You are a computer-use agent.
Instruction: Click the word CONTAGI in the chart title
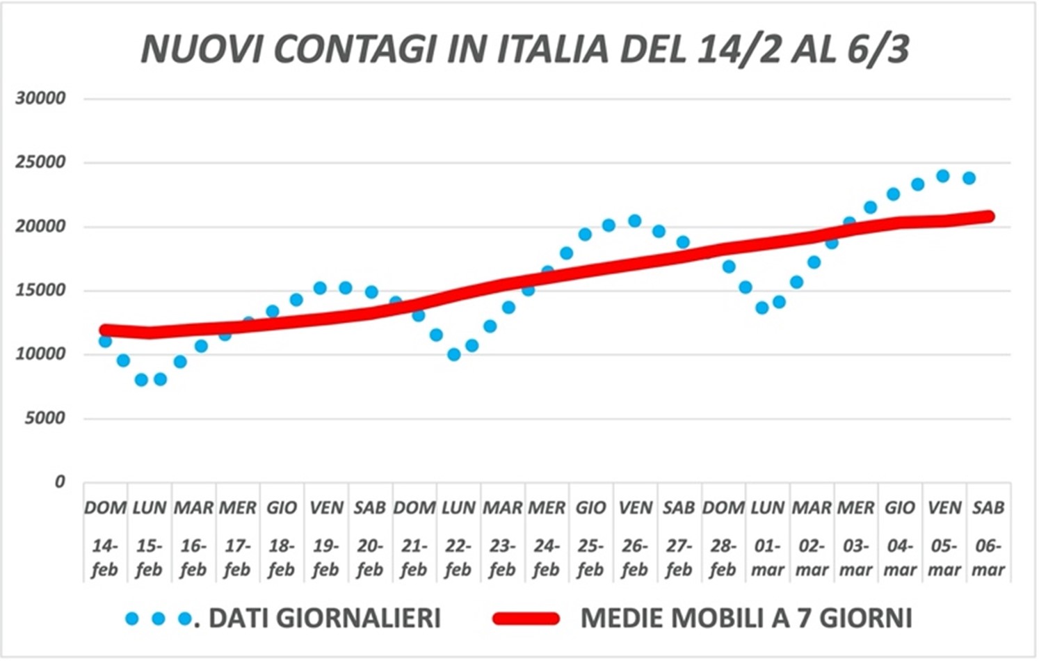[354, 49]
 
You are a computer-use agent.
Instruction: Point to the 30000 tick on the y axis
[41, 98]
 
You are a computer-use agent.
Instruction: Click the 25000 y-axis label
[41, 162]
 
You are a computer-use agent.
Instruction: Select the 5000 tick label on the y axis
[45, 418]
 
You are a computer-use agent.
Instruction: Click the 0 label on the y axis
[60, 481]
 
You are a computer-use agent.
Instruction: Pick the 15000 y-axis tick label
[41, 290]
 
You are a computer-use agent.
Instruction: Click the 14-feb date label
[105, 558]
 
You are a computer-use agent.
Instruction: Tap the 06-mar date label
[988, 558]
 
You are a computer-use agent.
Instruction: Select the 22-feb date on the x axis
[458, 558]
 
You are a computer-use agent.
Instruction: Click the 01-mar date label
[768, 558]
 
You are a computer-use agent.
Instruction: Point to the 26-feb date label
[635, 558]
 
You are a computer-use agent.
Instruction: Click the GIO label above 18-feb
[282, 508]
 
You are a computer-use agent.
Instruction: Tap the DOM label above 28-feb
[723, 508]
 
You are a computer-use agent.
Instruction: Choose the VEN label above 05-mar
[944, 508]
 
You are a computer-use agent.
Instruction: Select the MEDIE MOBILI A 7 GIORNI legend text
[746, 618]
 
